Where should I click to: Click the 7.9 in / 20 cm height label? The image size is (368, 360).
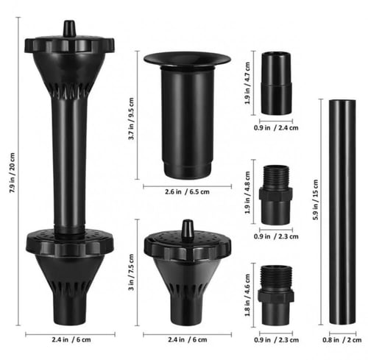[x=13, y=172]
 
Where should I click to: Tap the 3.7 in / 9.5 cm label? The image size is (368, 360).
[x=131, y=119]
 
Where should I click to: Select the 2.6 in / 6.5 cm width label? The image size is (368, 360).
[x=187, y=191]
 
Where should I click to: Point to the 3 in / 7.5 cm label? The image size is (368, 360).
[x=131, y=272]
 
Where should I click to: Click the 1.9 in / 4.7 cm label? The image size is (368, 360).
[x=247, y=83]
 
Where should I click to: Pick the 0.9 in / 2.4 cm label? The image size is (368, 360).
[x=276, y=128]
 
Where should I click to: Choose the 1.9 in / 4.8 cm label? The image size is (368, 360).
[x=247, y=192]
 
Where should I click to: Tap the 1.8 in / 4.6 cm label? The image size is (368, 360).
[x=247, y=295]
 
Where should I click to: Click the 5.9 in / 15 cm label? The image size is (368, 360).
[x=316, y=200]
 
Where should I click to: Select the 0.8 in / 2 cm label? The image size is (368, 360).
[x=342, y=340]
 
